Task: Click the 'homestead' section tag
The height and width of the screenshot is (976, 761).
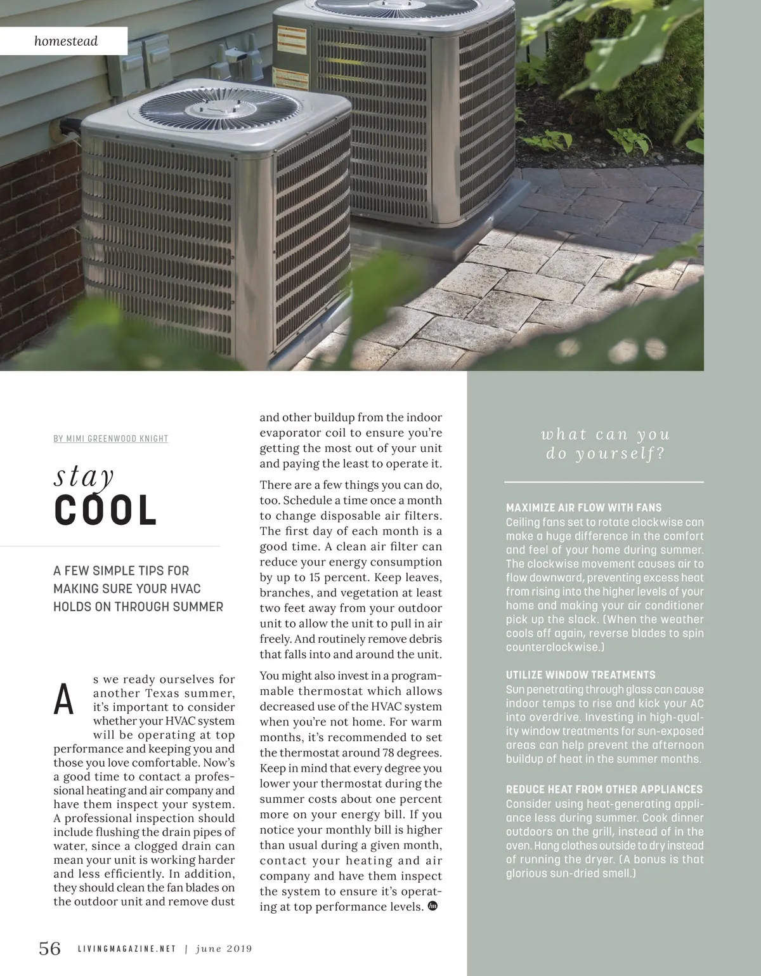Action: [66, 41]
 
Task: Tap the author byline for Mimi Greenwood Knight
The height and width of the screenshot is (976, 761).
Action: [111, 439]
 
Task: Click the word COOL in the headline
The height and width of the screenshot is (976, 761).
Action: [105, 511]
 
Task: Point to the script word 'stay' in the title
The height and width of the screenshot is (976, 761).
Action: [84, 475]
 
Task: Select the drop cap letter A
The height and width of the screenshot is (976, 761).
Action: [64, 699]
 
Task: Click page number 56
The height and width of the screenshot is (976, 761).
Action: [50, 949]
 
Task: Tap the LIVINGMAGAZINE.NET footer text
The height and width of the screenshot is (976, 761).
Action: [126, 949]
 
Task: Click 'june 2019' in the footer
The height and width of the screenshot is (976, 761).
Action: [224, 949]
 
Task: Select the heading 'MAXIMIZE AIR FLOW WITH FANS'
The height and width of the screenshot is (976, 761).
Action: [583, 508]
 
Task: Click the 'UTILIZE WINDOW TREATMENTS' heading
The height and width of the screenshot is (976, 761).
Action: [580, 675]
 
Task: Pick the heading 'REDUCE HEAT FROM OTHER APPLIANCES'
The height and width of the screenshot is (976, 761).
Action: [604, 789]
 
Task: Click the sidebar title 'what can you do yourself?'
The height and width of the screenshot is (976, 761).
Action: [605, 444]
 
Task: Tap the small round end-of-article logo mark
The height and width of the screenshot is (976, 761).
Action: [434, 906]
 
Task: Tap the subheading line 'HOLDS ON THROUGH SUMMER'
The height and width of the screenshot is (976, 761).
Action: [138, 607]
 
